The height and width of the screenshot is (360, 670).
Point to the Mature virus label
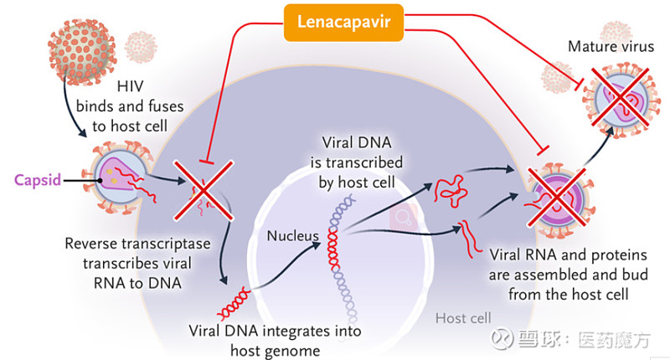tap(611, 47)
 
